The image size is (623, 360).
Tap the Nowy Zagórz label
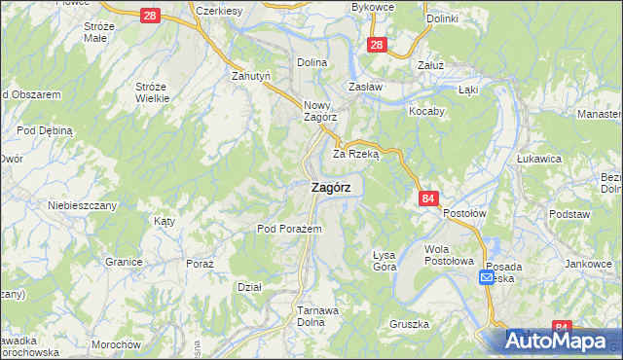[319, 112]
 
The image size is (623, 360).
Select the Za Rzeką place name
[355, 154]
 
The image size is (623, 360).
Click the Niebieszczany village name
[83, 205]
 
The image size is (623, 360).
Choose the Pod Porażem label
[282, 229]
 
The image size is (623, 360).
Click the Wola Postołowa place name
[449, 255]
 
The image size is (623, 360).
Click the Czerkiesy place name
[218, 10]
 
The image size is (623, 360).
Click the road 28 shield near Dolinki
[379, 45]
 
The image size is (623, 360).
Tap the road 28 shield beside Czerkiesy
[149, 17]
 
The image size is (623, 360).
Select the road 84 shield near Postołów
[428, 198]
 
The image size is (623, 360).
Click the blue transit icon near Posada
[487, 278]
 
